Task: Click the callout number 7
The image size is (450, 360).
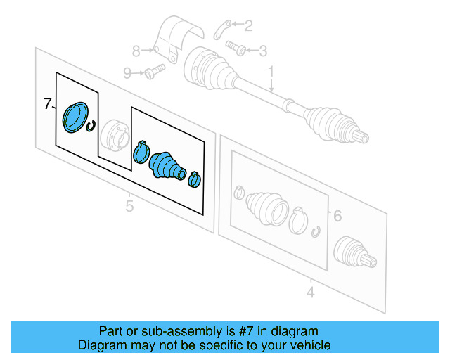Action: tap(47, 104)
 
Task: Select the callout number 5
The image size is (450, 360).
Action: tap(129, 205)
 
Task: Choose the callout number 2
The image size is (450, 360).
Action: tap(249, 26)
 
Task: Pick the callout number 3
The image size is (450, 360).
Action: tap(263, 50)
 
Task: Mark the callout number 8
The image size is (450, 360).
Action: tap(137, 50)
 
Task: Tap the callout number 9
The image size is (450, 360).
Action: tap(127, 72)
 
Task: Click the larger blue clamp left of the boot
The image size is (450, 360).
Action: tap(141, 150)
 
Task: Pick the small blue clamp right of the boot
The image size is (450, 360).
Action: tap(193, 179)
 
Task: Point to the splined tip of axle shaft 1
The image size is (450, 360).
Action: tap(361, 136)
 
